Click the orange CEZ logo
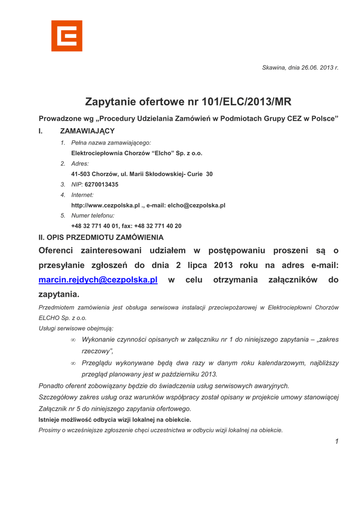pyautogui.click(x=67, y=36)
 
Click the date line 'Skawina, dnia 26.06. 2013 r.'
pyautogui.click(x=300, y=68)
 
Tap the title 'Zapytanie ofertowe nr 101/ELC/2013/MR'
pyautogui.click(x=188, y=102)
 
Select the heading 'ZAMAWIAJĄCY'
pyautogui.click(x=87, y=131)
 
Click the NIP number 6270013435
pyautogui.click(x=101, y=184)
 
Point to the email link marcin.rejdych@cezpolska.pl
pyautogui.click(x=98, y=280)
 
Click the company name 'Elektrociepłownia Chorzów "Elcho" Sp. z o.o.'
pyautogui.click(x=137, y=153)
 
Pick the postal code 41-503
pyautogui.click(x=81, y=174)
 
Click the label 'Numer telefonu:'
pyautogui.click(x=92, y=216)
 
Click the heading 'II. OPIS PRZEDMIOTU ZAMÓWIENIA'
pyautogui.click(x=101, y=238)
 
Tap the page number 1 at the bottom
pyautogui.click(x=337, y=441)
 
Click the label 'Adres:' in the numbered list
pyautogui.click(x=80, y=164)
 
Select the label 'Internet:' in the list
pyautogui.click(x=82, y=195)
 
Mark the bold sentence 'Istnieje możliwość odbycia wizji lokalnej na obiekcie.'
pyautogui.click(x=115, y=420)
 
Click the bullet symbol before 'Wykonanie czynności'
pyautogui.click(x=73, y=340)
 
